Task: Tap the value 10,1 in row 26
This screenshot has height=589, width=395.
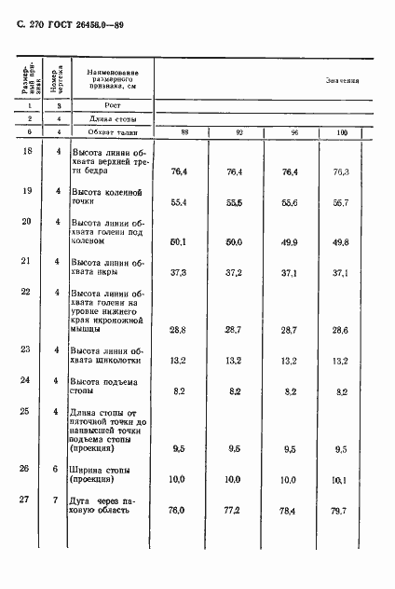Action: click(340, 480)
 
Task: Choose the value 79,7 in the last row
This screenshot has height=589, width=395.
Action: click(340, 511)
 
